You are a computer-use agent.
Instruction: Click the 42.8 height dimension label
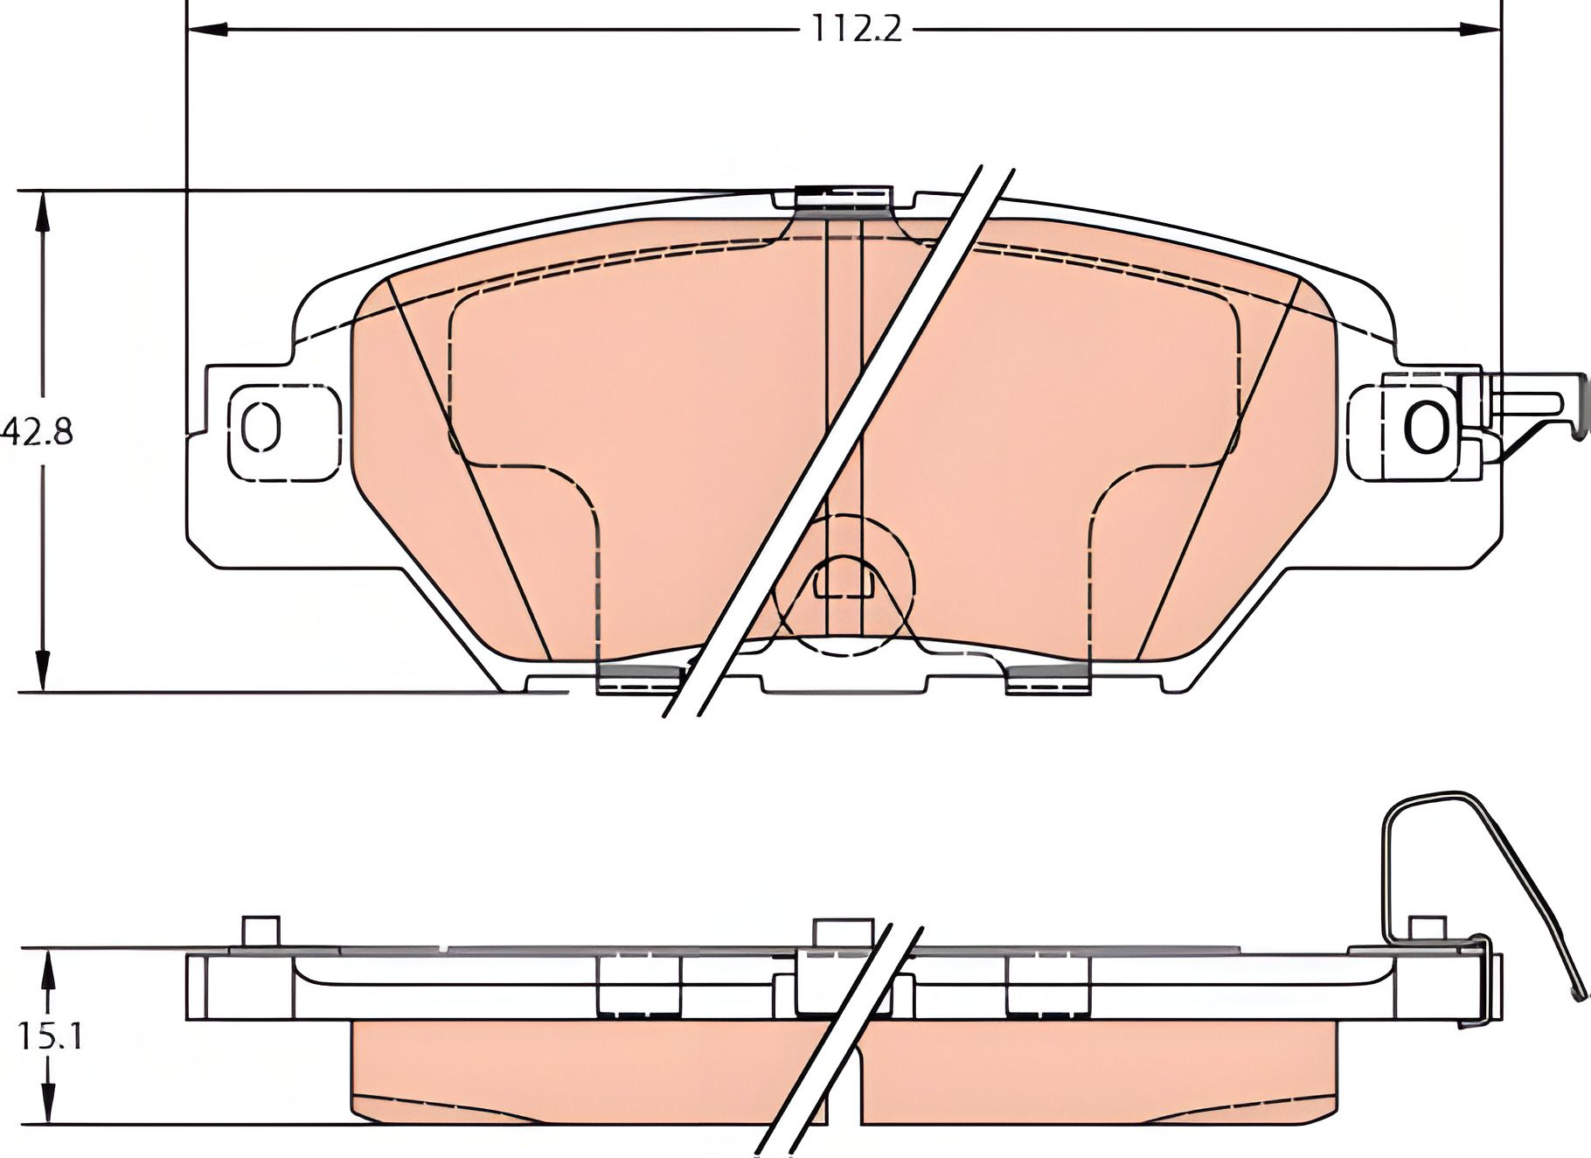click(x=37, y=432)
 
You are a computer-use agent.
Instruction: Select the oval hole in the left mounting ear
click(x=260, y=428)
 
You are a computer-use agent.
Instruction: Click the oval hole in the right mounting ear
click(x=1426, y=426)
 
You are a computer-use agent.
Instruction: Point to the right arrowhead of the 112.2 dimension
click(x=1481, y=29)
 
